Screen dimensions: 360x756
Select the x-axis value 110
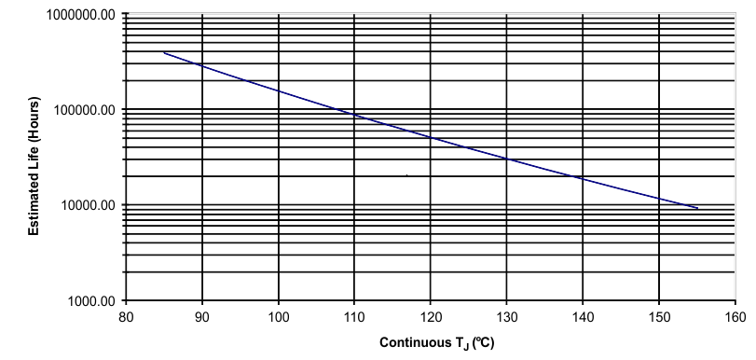click(x=354, y=316)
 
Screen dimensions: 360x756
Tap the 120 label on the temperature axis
click(x=430, y=316)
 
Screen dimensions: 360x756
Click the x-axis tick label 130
click(x=506, y=316)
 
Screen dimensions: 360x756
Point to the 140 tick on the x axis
click(x=582, y=316)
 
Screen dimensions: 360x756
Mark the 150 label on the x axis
click(x=658, y=316)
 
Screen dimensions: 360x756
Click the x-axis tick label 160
click(x=734, y=316)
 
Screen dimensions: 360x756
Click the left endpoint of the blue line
click(x=164, y=52)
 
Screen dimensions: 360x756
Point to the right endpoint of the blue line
click(x=696, y=208)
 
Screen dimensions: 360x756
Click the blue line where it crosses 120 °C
click(x=430, y=137)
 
